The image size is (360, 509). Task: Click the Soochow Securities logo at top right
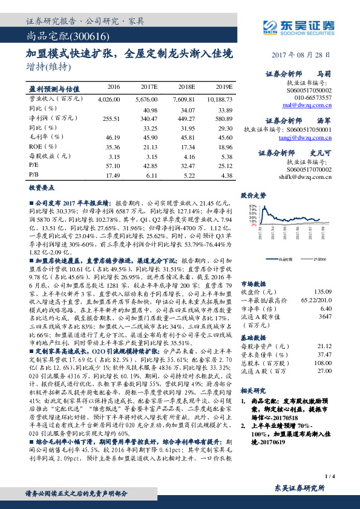point(296,26)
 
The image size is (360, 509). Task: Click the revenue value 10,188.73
point(219,98)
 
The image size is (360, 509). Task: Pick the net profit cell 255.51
point(113,118)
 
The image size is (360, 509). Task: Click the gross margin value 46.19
point(113,137)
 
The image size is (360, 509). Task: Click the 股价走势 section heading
point(253,195)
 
